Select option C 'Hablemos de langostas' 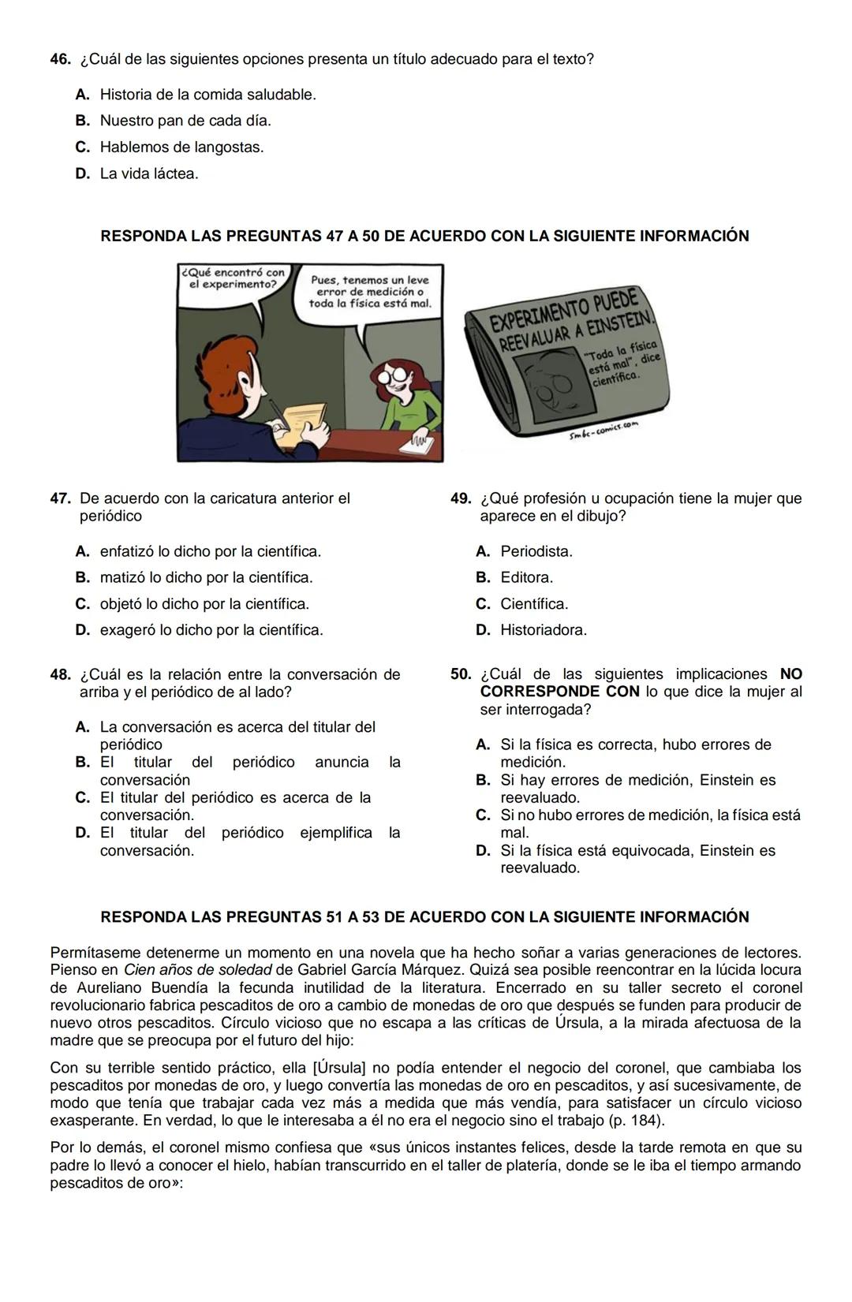pyautogui.click(x=181, y=147)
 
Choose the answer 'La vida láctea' pyautogui.click(x=149, y=173)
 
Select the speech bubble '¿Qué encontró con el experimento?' pyautogui.click(x=234, y=278)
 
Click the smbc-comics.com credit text pyautogui.click(x=603, y=431)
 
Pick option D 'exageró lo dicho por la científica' pyautogui.click(x=211, y=630)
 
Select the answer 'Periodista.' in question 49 pyautogui.click(x=536, y=551)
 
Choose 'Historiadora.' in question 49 pyautogui.click(x=544, y=630)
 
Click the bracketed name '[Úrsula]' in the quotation pyautogui.click(x=339, y=1068)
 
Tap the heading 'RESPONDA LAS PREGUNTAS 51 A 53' pyautogui.click(x=424, y=917)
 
